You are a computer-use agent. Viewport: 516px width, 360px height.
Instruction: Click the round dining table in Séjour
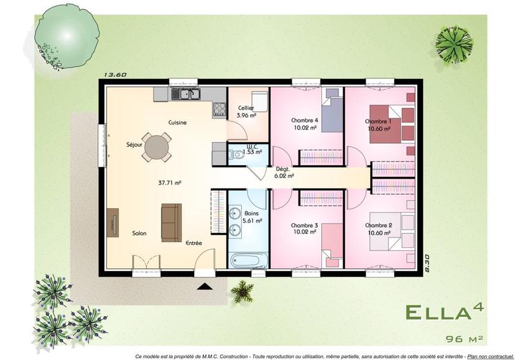pyautogui.click(x=158, y=146)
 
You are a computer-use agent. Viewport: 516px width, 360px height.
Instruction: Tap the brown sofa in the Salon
pyautogui.click(x=171, y=222)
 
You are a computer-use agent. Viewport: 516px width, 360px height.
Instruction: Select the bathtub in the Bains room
pyautogui.click(x=248, y=261)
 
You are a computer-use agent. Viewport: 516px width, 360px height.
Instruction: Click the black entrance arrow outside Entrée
pyautogui.click(x=204, y=287)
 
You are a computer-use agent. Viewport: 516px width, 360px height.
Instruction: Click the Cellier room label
pyautogui.click(x=246, y=108)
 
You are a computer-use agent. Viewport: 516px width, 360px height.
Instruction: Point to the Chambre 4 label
pyautogui.click(x=304, y=120)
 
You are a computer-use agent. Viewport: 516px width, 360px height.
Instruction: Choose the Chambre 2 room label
pyautogui.click(x=378, y=225)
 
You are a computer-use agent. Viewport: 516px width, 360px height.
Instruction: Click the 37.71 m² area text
pyautogui.click(x=170, y=183)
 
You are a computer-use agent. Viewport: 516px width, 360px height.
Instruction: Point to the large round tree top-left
pyautogui.click(x=67, y=32)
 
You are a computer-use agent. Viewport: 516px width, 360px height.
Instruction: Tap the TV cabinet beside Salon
pyautogui.click(x=113, y=223)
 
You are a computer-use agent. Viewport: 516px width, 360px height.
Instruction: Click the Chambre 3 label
pyautogui.click(x=304, y=225)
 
